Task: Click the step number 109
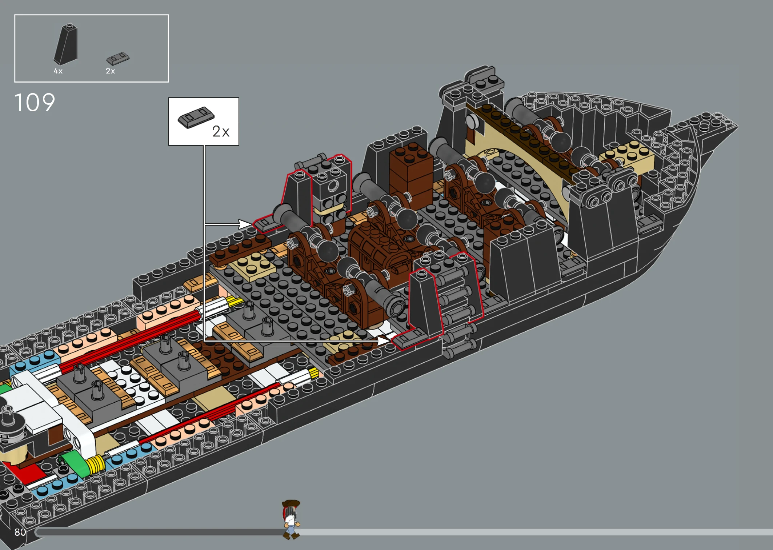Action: [x=35, y=103]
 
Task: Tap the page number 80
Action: [x=20, y=532]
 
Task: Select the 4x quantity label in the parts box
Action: [x=58, y=71]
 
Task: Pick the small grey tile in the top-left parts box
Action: [x=118, y=58]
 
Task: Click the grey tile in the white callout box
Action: [x=196, y=117]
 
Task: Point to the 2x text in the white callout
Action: [x=221, y=131]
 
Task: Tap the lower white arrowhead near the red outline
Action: [x=383, y=340]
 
